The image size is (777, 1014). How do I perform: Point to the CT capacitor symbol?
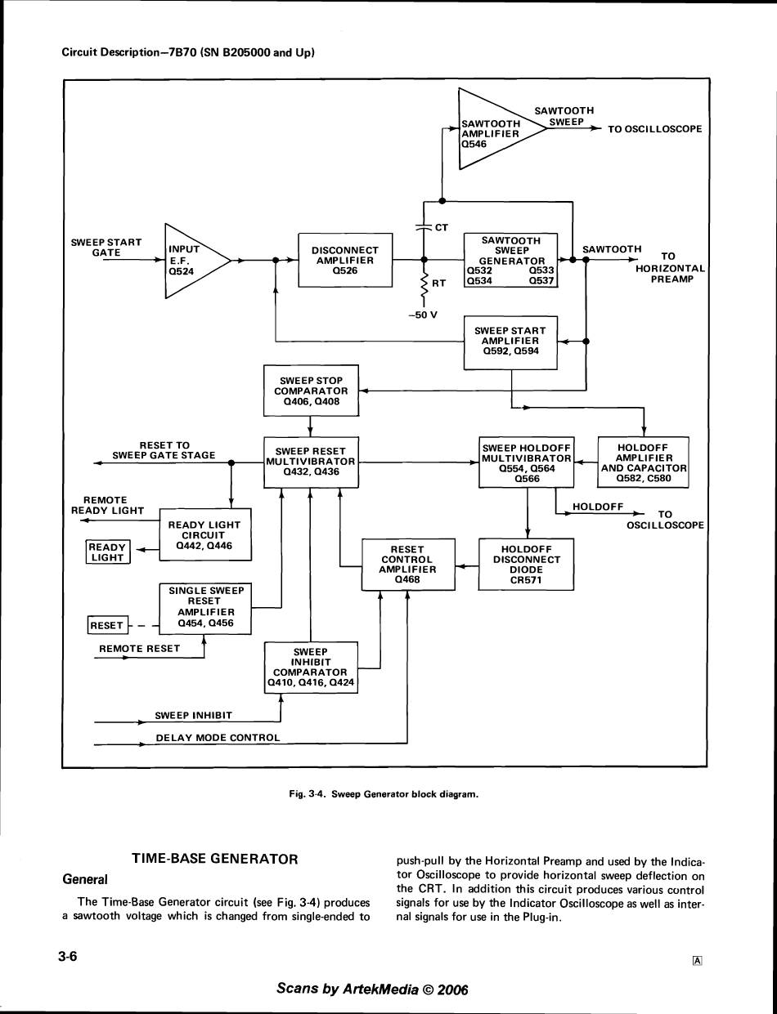[x=424, y=227]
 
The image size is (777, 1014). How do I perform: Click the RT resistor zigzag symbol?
[x=424, y=285]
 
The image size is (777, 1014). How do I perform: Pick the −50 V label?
[x=423, y=315]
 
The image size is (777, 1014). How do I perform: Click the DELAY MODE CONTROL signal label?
[x=218, y=738]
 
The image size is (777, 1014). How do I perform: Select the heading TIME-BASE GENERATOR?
[x=215, y=859]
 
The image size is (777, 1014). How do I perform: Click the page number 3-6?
[x=68, y=957]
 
